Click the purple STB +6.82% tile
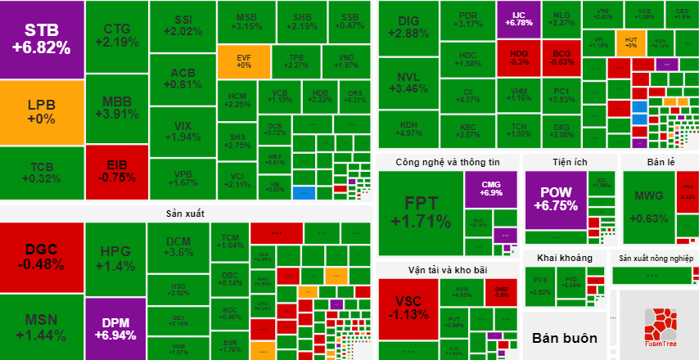[42, 39]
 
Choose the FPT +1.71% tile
[420, 213]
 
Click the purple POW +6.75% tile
[555, 199]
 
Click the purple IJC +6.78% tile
[518, 19]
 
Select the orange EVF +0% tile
[243, 61]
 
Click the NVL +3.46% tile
[408, 83]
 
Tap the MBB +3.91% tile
[115, 108]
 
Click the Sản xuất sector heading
[184, 214]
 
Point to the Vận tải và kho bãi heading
[446, 270]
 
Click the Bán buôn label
[565, 337]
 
